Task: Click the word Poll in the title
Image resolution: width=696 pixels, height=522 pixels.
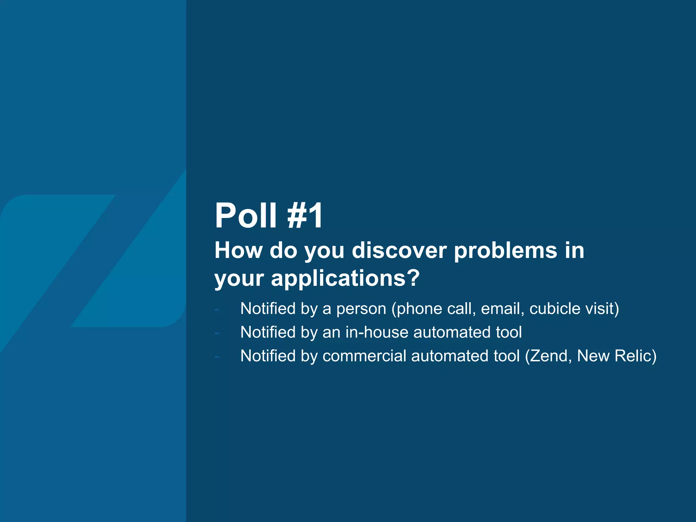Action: click(x=246, y=215)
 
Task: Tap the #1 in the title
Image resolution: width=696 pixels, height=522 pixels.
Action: click(x=305, y=215)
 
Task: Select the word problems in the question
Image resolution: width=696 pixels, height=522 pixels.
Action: click(x=506, y=250)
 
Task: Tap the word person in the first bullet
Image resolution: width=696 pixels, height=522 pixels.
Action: click(x=361, y=309)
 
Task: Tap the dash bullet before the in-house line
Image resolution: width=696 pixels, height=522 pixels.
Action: click(x=217, y=333)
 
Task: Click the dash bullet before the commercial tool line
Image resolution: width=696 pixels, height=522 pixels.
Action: click(x=217, y=357)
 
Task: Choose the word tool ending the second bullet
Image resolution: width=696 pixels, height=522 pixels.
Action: click(x=509, y=332)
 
